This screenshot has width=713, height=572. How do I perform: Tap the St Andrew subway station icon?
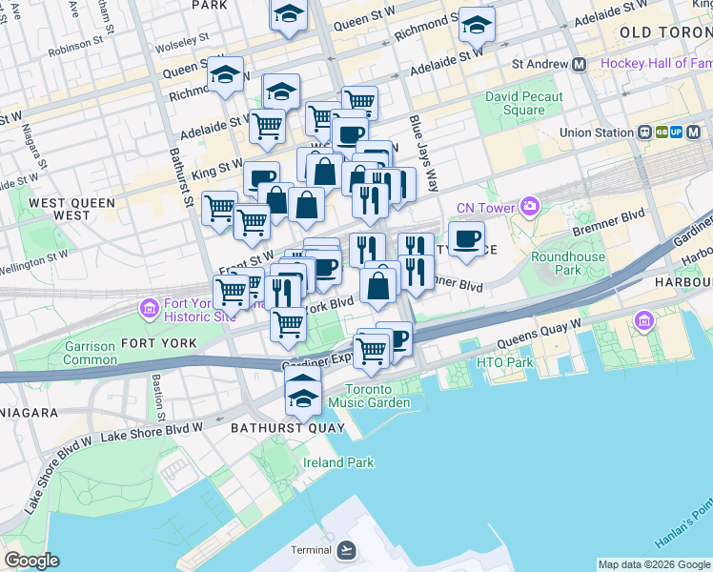[x=579, y=65]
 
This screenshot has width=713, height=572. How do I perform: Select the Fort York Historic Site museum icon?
[x=149, y=308]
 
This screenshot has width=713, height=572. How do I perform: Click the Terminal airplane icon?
[x=347, y=550]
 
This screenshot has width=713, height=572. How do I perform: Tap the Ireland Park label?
[x=338, y=462]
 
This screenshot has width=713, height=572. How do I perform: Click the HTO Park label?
[x=504, y=362]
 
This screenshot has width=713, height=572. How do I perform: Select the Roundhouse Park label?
[x=556, y=263]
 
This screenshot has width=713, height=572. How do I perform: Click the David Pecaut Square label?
[x=523, y=103]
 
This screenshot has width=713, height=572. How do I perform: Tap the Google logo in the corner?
[x=31, y=561]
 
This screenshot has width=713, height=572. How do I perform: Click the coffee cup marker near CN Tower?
[x=466, y=239]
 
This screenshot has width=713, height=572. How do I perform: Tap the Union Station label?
[x=596, y=133]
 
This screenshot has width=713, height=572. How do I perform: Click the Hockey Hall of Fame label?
[x=656, y=65]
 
